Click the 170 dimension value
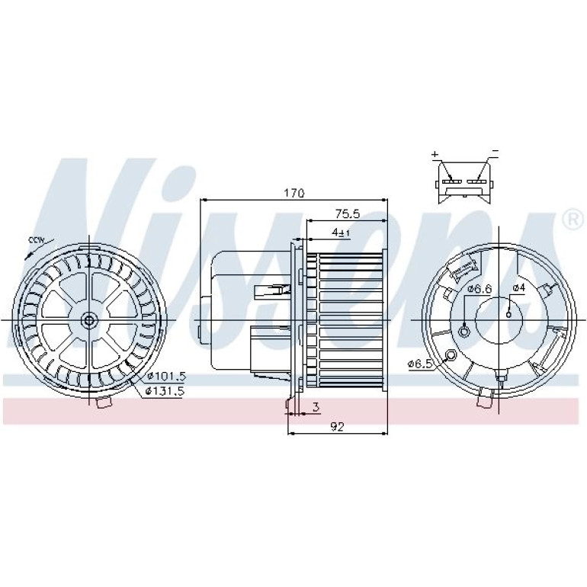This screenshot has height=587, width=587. [293, 193]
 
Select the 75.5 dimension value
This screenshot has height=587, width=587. [347, 214]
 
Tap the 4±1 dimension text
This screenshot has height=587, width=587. [341, 233]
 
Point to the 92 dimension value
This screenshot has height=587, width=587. [337, 427]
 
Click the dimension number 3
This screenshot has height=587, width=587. [316, 407]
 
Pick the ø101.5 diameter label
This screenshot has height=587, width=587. [166, 377]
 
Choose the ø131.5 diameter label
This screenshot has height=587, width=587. [165, 392]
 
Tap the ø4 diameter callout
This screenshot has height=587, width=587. [519, 288]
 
